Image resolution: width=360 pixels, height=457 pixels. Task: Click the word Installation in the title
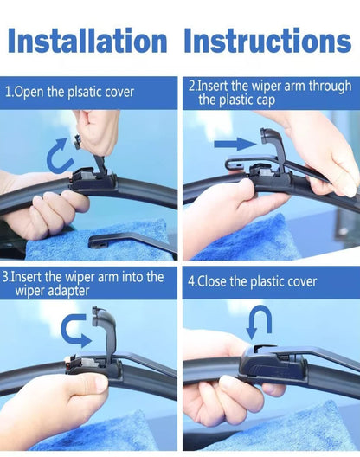click(87, 40)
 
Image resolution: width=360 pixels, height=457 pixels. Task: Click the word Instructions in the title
click(267, 40)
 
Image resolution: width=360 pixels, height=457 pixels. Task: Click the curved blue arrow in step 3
click(75, 331)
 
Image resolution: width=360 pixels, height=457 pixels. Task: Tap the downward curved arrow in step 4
click(258, 323)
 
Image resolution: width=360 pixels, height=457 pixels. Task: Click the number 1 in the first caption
click(7, 90)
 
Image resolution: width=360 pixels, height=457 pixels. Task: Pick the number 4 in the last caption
click(191, 281)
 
